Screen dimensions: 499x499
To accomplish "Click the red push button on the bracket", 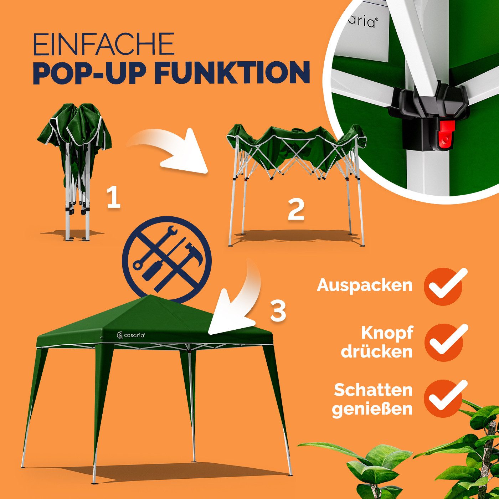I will coord(447,134).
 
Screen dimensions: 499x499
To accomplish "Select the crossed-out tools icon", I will coord(167,260).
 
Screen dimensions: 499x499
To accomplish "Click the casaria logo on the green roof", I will coord(131,335).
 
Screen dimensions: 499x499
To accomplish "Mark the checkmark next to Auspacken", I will coord(444,286).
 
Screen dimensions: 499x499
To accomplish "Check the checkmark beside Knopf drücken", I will coord(444,343).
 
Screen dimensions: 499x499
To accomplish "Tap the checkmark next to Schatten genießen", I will coord(444,398).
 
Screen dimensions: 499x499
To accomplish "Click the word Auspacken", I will coord(365,285).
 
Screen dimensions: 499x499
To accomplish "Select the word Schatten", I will coord(373,390).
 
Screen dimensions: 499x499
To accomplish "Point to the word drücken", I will coord(377,352).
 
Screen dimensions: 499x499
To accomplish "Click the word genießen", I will coord(372,409).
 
